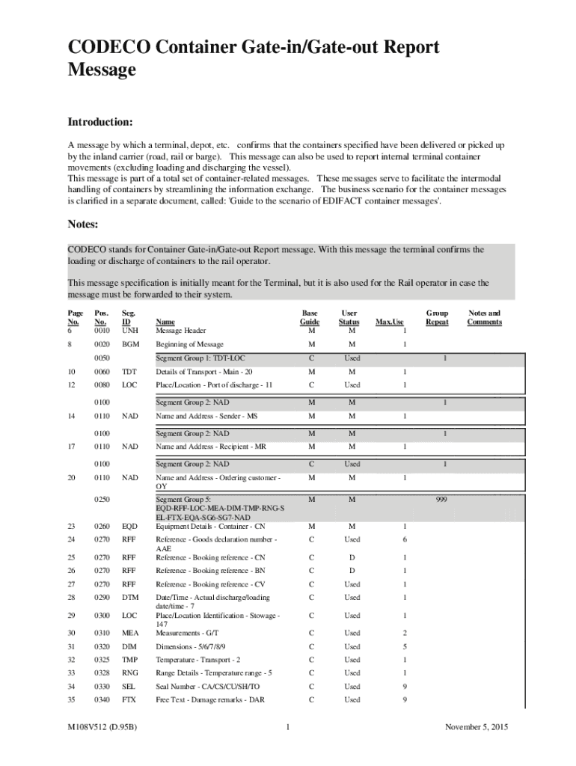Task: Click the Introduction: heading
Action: [100, 122]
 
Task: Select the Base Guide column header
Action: [310, 317]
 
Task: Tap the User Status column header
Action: [349, 317]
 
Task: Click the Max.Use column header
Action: [389, 322]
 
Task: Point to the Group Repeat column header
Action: [437, 317]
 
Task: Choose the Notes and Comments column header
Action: [484, 317]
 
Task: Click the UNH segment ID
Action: [129, 331]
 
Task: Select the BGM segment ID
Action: [130, 344]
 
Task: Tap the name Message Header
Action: [182, 331]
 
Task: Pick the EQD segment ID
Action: [130, 525]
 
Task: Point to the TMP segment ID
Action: [130, 660]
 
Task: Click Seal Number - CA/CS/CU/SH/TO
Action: [207, 686]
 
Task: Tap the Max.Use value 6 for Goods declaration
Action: [405, 539]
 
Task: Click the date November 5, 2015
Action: [476, 727]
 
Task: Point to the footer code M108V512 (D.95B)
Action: [106, 727]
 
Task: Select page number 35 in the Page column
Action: [72, 699]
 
